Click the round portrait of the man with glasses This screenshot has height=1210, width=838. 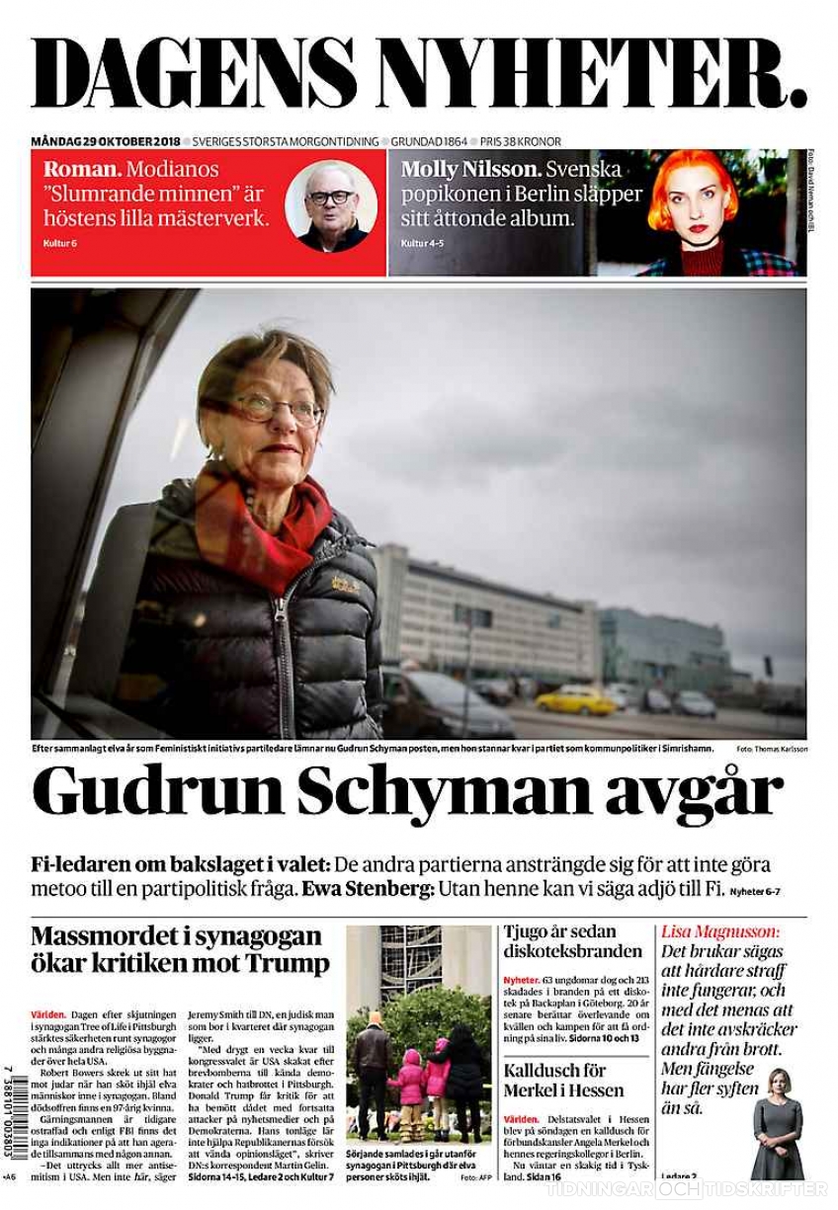(330, 205)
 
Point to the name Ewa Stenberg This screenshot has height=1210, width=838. (367, 888)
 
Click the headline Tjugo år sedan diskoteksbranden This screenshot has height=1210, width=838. (573, 941)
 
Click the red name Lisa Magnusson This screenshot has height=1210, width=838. (719, 931)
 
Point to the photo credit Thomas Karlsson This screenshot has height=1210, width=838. (781, 749)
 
